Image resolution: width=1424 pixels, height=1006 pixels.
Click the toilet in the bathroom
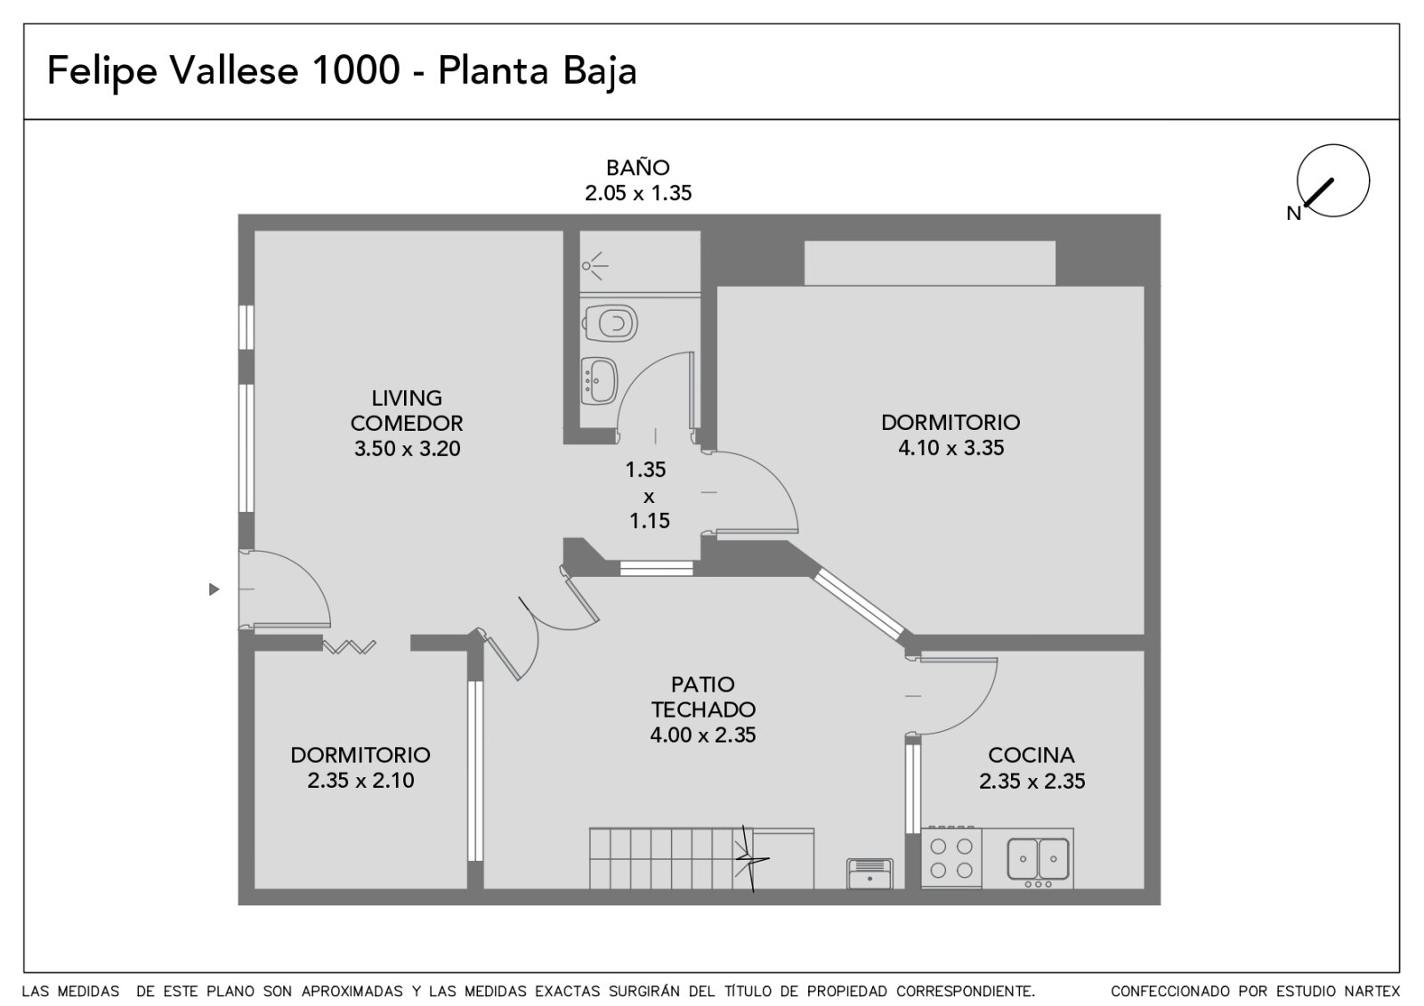point(610,324)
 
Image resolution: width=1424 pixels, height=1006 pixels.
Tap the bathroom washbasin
point(600,380)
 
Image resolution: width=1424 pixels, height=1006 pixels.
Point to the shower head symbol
point(595,266)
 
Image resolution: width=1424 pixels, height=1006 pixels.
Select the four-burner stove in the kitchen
point(951,857)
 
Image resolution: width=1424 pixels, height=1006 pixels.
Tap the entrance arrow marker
point(214,589)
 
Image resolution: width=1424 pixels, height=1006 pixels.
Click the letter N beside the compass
point(1294,214)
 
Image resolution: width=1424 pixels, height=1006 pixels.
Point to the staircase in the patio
point(701,858)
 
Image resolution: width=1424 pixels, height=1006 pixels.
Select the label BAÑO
point(637,168)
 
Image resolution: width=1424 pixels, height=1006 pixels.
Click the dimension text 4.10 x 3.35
point(951,448)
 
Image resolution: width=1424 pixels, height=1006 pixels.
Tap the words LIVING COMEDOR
point(407,410)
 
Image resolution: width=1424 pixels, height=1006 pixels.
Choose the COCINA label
point(1032,755)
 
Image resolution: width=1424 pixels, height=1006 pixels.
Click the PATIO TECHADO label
point(703,697)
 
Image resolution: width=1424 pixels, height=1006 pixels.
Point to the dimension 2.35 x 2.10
point(360,780)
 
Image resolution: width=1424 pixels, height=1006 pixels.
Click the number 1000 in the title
point(356,70)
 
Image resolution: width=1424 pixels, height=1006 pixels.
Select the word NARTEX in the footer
point(1372,991)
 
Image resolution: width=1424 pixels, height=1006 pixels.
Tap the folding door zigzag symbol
point(349,647)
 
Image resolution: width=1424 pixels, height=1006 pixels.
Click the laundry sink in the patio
point(870,873)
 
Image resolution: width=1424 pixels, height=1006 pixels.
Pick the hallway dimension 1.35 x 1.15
point(648,495)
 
